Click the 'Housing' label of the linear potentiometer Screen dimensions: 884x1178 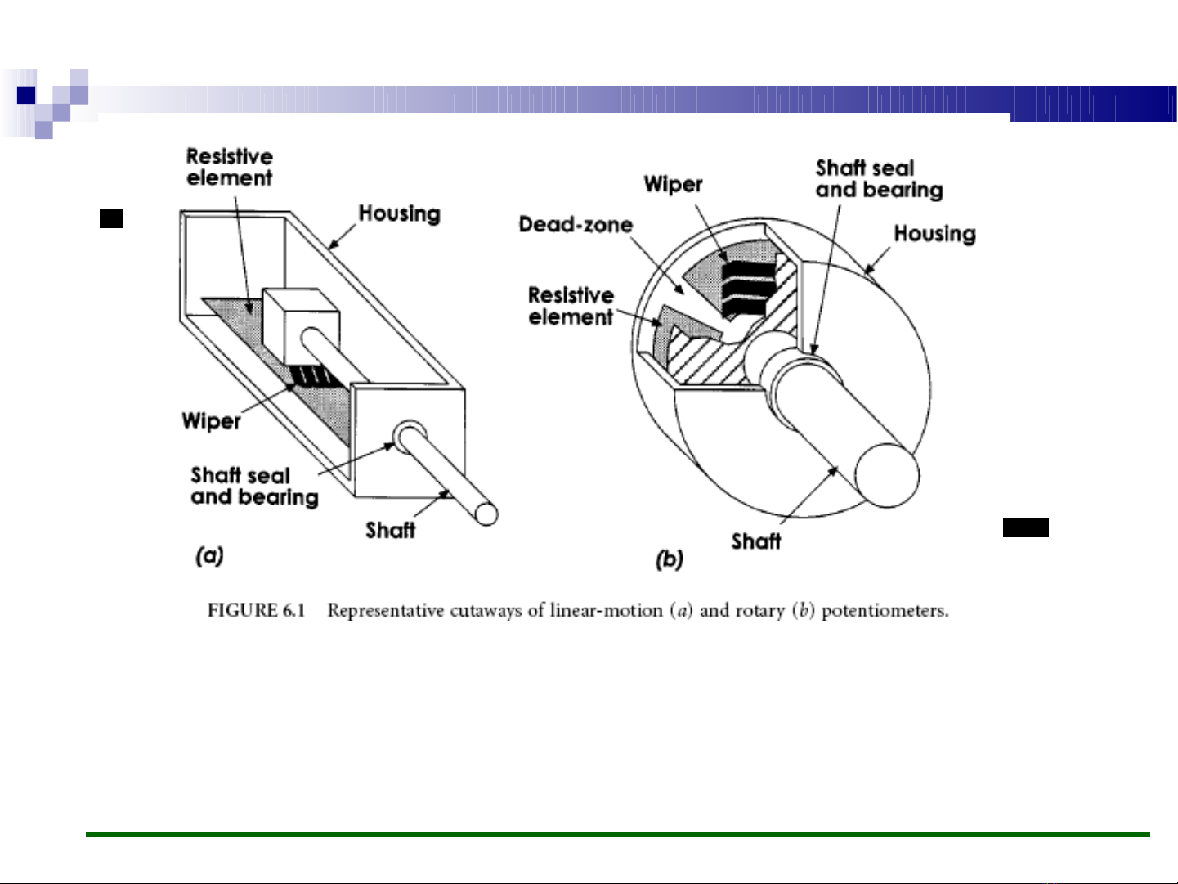pos(399,214)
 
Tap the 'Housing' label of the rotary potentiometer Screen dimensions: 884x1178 pos(934,235)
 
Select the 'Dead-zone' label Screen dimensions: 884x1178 pos(576,225)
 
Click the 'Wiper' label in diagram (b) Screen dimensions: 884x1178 pos(673,184)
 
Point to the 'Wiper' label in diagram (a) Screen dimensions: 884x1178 pos(211,421)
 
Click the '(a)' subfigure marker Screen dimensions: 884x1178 pos(209,557)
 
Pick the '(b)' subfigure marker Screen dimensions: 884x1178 pos(669,559)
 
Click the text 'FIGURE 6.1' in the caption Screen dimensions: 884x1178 pos(256,611)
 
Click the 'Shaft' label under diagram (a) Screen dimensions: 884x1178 pos(390,531)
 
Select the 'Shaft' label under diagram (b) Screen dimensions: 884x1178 pos(755,541)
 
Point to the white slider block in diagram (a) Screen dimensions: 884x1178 pos(299,323)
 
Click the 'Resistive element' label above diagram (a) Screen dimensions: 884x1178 pos(229,167)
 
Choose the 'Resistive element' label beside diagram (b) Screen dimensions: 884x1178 pos(571,306)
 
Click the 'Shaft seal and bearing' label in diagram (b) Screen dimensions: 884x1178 pos(879,179)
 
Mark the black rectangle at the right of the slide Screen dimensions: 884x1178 pos(1025,527)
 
